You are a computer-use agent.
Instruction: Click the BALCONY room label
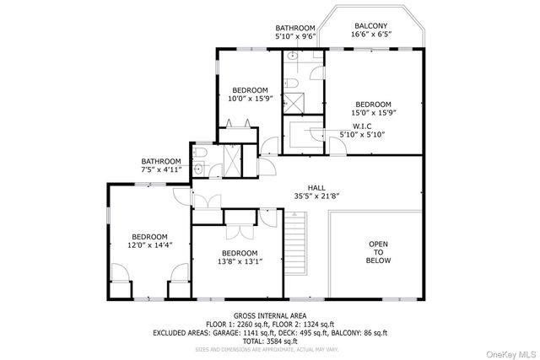(371, 26)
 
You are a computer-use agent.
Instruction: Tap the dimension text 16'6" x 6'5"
(371, 36)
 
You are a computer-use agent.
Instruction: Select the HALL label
(316, 188)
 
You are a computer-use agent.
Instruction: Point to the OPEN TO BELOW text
(379, 252)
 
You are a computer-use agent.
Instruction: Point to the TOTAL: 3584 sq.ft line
(269, 341)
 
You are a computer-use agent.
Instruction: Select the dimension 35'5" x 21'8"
(316, 197)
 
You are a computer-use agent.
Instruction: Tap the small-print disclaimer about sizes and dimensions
(269, 349)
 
